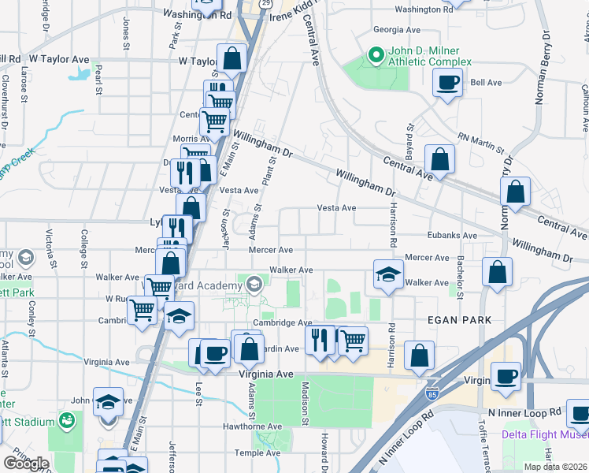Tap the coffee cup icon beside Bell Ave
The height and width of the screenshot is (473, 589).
point(448,83)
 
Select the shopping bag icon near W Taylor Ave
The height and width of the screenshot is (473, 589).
point(232,59)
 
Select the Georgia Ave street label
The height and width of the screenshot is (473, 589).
point(397,30)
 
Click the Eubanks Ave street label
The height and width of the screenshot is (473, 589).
point(452,236)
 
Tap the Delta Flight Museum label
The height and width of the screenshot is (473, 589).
point(544,434)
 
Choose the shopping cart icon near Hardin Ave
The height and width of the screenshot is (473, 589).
point(353,341)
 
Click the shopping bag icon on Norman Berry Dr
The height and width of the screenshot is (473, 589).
point(515,192)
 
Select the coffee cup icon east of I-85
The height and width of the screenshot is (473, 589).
point(506,377)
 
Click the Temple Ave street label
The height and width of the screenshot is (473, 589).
point(262,453)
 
